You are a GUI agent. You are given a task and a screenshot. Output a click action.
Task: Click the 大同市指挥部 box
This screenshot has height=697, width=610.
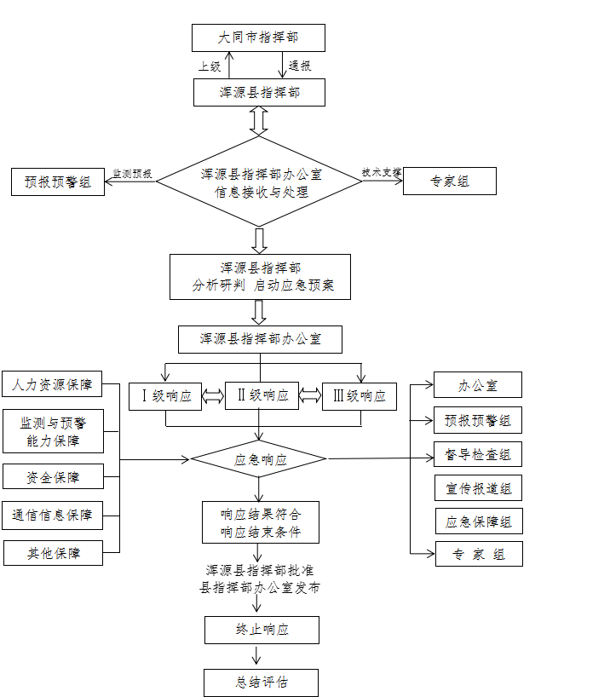258,37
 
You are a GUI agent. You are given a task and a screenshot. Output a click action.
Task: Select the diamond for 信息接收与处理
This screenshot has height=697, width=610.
259,182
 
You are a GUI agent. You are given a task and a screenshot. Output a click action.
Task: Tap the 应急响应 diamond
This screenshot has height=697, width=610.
259,459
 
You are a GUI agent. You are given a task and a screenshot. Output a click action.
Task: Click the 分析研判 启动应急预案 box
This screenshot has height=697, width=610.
260,277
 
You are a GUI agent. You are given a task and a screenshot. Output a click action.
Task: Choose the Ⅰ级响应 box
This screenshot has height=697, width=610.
165,396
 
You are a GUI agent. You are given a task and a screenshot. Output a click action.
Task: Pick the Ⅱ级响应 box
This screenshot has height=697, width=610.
262,395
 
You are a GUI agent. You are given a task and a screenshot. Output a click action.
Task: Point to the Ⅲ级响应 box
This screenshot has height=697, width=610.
359,396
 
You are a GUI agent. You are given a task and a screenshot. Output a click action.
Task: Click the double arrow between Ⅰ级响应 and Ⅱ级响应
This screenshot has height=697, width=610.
213,396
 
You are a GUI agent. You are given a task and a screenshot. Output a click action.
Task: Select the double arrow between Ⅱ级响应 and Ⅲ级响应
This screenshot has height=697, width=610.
310,395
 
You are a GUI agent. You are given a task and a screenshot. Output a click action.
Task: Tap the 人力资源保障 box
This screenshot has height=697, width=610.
52,384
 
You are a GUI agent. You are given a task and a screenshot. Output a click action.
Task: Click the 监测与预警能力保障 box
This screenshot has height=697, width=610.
53,431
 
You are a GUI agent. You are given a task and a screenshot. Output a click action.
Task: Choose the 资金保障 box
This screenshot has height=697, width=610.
53,477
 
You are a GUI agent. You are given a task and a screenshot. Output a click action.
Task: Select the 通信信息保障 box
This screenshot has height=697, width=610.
53,515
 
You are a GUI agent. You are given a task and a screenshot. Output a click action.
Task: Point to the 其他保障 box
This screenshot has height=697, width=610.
53,553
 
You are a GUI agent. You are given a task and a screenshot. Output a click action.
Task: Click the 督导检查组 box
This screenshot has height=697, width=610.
478,454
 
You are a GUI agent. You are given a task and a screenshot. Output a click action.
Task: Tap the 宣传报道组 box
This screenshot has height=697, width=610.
478,488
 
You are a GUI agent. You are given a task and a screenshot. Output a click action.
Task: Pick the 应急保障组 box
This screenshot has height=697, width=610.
479,521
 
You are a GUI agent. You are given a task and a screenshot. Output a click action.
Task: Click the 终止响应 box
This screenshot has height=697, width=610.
262,630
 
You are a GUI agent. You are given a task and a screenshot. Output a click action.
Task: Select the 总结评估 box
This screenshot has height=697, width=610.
261,683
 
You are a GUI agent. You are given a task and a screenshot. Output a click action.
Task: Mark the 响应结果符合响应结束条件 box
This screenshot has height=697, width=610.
261,522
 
